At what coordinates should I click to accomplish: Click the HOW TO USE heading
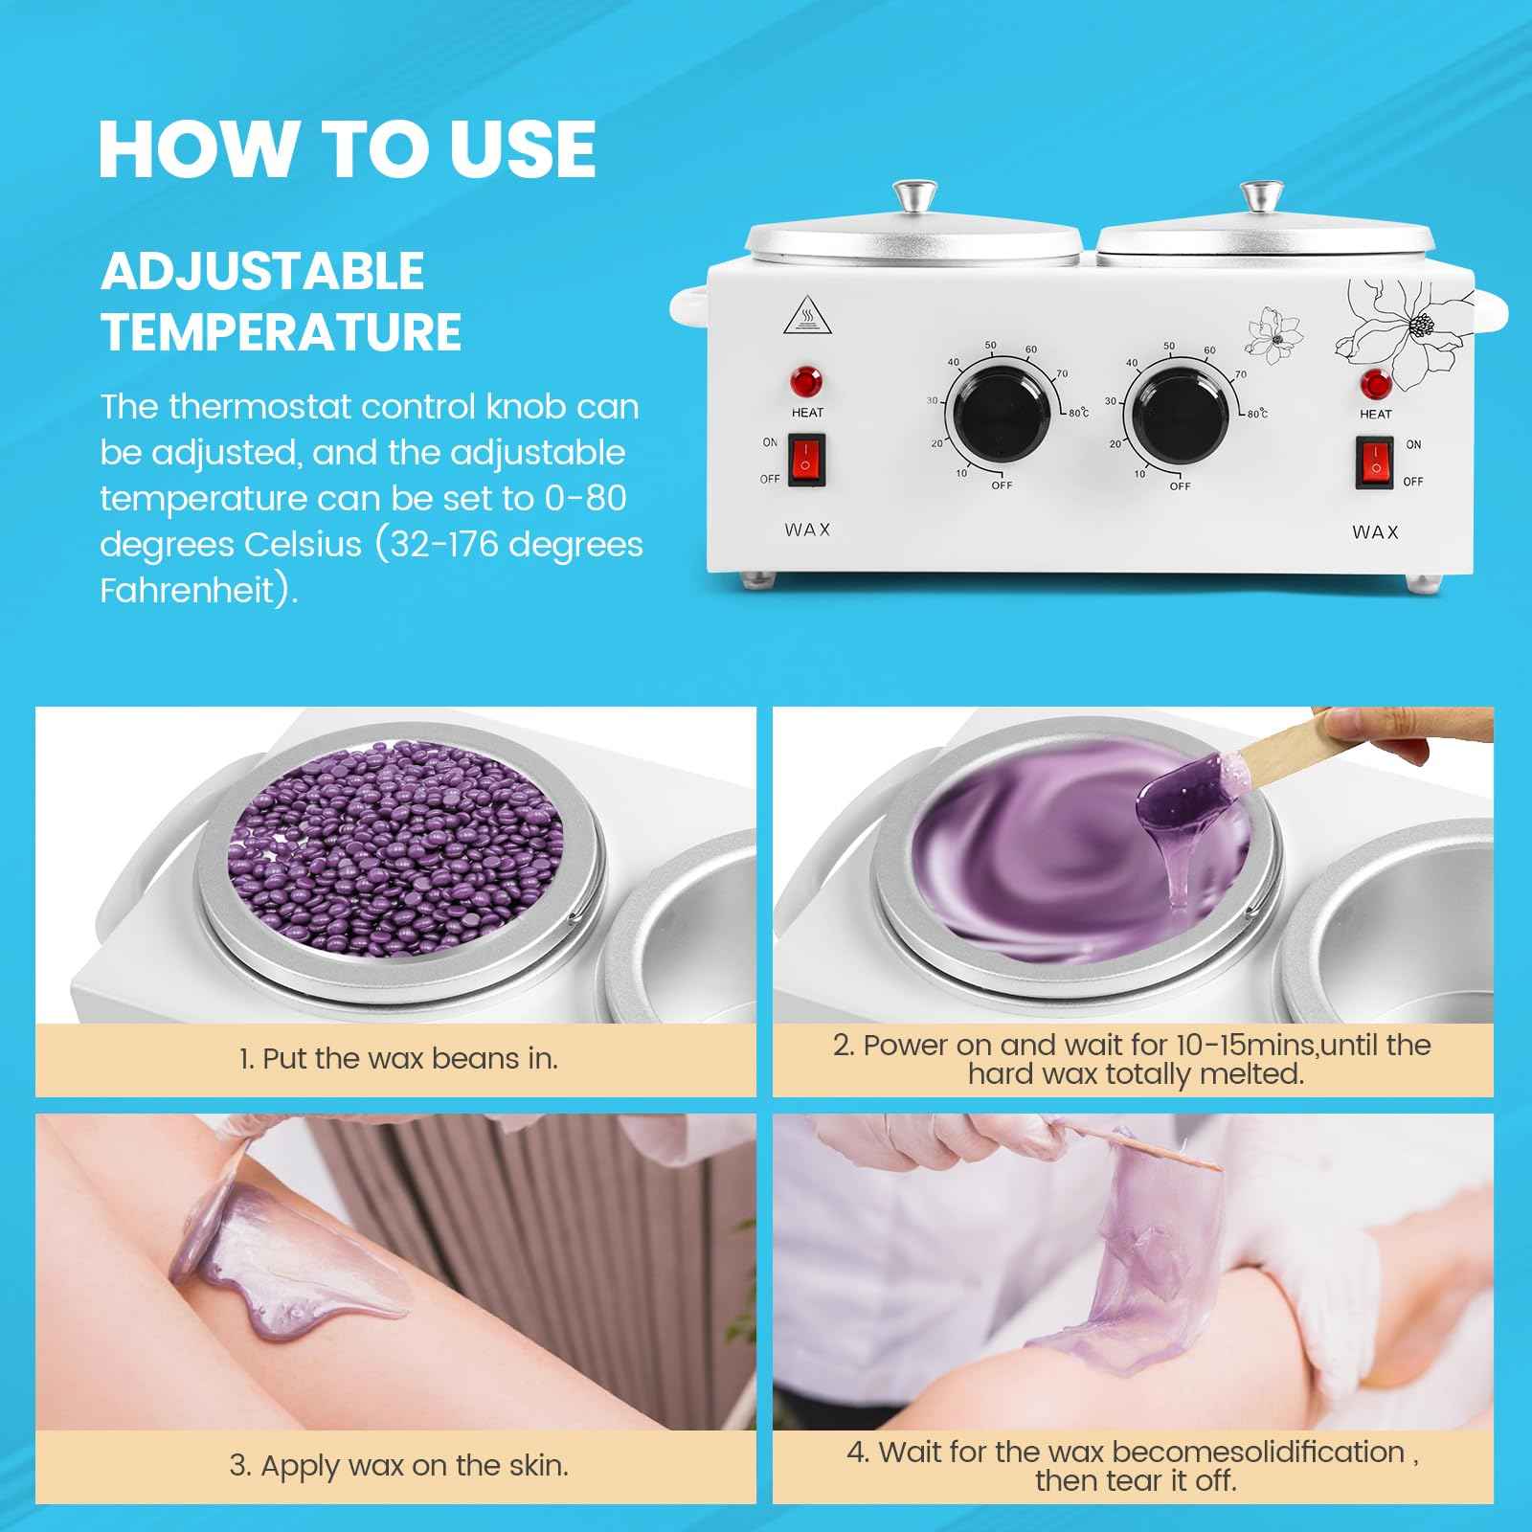tap(347, 149)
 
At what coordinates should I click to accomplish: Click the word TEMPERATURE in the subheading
tap(281, 332)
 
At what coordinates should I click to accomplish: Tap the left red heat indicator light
tap(806, 381)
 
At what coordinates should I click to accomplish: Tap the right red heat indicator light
tap(1375, 386)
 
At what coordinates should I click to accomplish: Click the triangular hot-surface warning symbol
tap(807, 317)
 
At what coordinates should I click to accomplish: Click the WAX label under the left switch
tap(807, 529)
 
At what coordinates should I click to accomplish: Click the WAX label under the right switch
tap(1375, 532)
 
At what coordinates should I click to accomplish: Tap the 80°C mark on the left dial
tap(1078, 413)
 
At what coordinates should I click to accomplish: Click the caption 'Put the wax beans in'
tap(398, 1058)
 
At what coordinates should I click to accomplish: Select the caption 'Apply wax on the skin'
tap(398, 1465)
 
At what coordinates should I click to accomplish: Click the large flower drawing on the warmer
tap(1408, 330)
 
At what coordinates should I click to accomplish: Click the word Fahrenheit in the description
tap(187, 590)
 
